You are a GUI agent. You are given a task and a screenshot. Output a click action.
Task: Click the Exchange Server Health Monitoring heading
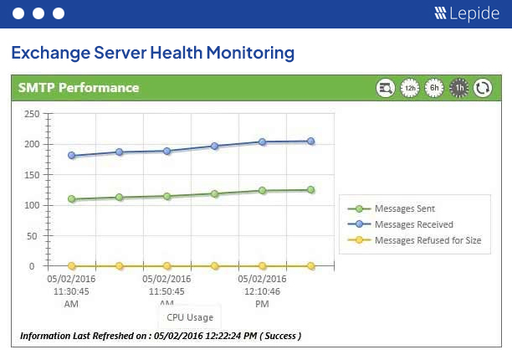click(152, 53)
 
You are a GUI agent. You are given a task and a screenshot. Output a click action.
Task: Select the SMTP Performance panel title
click(79, 88)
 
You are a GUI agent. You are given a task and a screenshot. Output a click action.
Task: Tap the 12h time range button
click(410, 88)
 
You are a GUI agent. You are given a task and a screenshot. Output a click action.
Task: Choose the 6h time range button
click(434, 88)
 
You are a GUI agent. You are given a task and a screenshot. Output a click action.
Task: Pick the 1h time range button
click(458, 88)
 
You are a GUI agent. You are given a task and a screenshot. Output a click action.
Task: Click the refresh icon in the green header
click(483, 88)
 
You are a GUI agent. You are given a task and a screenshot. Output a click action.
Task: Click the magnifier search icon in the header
click(386, 88)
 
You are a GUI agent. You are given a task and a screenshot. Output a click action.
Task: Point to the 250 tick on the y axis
click(31, 114)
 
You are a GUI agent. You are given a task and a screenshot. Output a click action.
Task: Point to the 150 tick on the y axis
click(31, 175)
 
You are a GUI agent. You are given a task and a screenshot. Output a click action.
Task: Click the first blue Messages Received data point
click(72, 156)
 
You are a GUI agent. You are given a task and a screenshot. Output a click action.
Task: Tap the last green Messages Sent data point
click(310, 190)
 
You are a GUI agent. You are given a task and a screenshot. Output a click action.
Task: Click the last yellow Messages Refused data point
click(310, 266)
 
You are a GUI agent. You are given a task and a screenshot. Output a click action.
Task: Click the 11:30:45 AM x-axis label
click(72, 291)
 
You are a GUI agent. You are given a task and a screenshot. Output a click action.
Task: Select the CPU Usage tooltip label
click(189, 317)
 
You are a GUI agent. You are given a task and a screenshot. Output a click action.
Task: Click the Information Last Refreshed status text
click(161, 336)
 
